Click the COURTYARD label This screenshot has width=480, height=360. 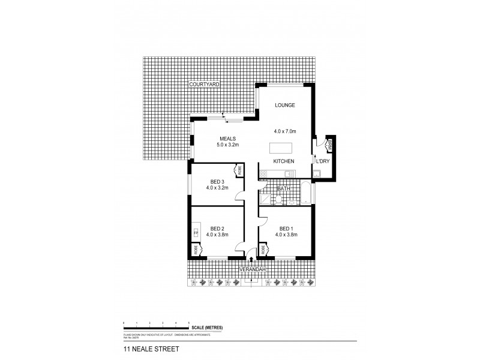click(204, 85)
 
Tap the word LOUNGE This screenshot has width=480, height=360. click(285, 105)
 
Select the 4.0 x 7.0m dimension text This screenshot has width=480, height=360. click(285, 131)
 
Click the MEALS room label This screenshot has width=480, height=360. click(227, 138)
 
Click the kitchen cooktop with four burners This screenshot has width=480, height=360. click(265, 175)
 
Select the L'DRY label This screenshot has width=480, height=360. click(323, 161)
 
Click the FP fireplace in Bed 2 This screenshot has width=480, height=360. click(195, 232)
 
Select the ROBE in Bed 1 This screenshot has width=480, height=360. click(263, 249)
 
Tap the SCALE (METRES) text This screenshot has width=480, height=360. click(207, 327)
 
